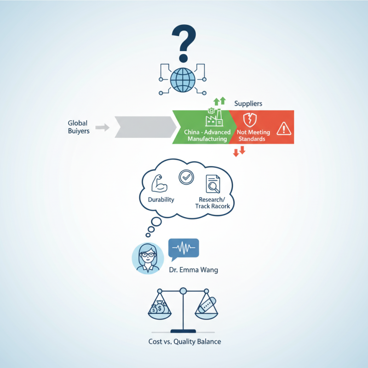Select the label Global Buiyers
[x=78, y=127]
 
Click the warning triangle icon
[x=283, y=128]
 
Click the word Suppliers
[x=248, y=103]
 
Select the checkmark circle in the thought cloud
[x=186, y=176]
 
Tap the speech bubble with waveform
[x=184, y=249]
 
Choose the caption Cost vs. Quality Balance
[x=184, y=342]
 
